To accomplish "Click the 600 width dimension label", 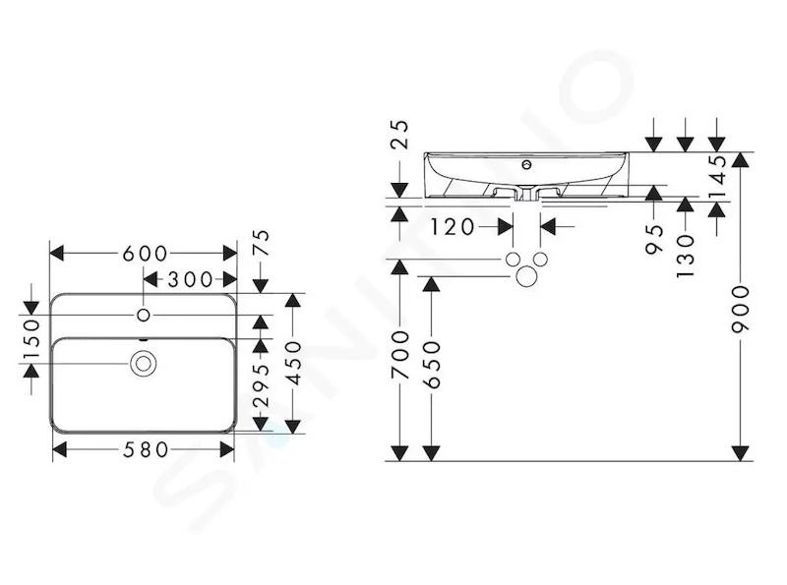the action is [145, 254].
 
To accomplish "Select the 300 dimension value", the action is [190, 279].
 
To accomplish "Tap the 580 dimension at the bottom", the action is [146, 450].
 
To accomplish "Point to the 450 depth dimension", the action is [293, 363].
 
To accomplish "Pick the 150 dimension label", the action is [31, 339].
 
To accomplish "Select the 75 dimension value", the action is [261, 243].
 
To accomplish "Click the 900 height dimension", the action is [741, 309].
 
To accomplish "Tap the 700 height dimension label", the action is [400, 354].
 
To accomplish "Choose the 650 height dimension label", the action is [432, 365].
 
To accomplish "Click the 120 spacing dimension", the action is [453, 227].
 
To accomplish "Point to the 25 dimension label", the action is [400, 135].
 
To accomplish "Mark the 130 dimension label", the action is [685, 257].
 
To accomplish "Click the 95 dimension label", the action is [654, 239].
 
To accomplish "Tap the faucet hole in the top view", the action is [144, 315].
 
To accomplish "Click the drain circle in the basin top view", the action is [144, 363].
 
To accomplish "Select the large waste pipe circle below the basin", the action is [526, 276].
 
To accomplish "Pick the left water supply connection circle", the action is [513, 260].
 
